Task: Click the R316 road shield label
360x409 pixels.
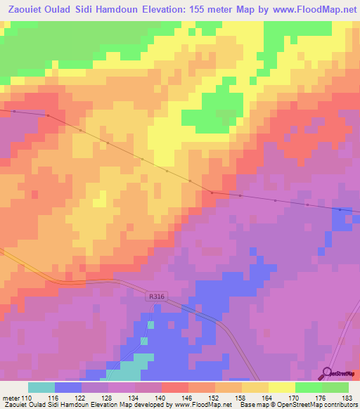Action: [156, 298]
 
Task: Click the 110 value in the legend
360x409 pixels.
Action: [28, 398]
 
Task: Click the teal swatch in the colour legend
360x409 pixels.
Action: [41, 387]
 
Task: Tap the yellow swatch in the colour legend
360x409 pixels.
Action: [282, 387]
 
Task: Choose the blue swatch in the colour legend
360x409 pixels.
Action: [68, 387]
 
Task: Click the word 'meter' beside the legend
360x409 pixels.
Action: [11, 398]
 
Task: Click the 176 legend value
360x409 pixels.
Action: [322, 398]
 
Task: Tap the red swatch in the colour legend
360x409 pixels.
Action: [175, 387]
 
